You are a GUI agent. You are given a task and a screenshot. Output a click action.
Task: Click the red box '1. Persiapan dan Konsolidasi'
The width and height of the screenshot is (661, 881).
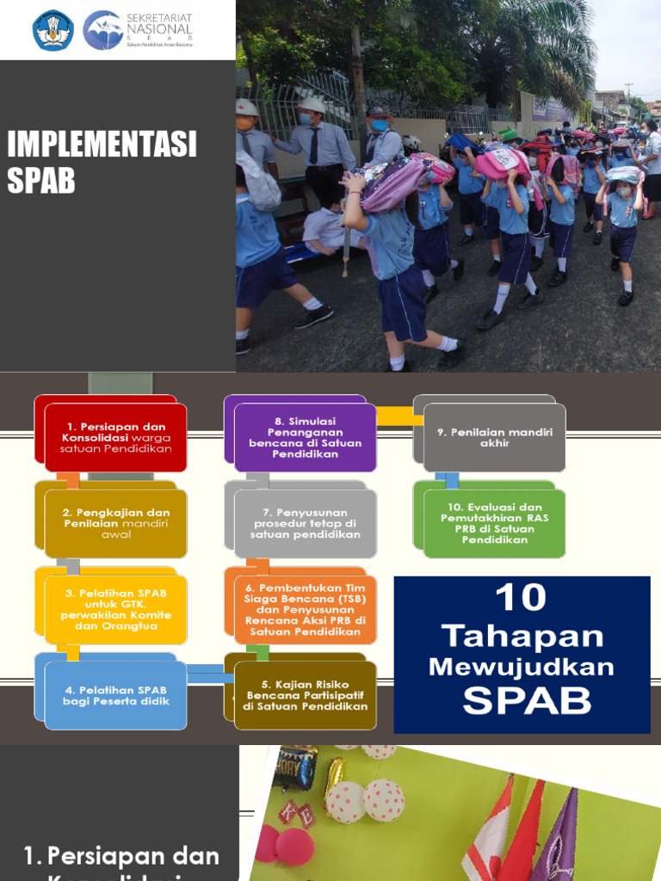click(115, 437)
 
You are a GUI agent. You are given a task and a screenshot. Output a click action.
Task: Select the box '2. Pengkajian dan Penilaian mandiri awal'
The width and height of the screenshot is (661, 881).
click(115, 523)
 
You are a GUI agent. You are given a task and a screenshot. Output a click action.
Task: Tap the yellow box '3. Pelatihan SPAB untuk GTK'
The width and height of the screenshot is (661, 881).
click(115, 609)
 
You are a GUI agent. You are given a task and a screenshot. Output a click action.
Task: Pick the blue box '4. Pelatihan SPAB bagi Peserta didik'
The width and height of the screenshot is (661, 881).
click(115, 695)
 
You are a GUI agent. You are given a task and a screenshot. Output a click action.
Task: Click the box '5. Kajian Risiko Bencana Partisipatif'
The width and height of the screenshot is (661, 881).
click(306, 695)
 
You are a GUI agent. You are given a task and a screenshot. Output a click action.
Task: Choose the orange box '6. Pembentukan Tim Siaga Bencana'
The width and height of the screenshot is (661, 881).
click(306, 609)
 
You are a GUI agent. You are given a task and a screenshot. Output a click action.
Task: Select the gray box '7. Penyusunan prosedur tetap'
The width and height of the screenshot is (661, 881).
click(306, 523)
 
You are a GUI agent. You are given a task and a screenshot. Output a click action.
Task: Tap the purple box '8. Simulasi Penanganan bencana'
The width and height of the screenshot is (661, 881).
click(306, 437)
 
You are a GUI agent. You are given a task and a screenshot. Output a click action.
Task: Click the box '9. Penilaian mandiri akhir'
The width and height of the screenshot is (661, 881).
click(494, 437)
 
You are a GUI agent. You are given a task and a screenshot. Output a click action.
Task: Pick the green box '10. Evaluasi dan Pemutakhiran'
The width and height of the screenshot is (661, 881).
click(494, 523)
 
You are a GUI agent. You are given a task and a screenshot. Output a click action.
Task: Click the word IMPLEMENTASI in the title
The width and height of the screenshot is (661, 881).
click(102, 145)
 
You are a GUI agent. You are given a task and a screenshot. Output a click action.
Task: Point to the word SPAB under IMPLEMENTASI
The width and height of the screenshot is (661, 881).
click(41, 181)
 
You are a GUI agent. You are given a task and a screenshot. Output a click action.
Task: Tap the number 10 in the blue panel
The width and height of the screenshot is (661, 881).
click(522, 597)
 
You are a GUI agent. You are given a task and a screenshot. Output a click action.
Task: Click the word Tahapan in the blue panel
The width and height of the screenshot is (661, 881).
click(522, 637)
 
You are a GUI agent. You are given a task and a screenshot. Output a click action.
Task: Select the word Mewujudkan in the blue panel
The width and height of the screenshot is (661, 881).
click(522, 667)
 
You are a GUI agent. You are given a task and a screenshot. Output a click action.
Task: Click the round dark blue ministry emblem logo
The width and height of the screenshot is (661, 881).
click(53, 30)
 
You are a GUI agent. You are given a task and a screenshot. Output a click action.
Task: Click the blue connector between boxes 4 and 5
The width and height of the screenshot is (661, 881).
click(210, 675)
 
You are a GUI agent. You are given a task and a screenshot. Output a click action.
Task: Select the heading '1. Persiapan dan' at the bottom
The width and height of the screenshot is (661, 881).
click(120, 856)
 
